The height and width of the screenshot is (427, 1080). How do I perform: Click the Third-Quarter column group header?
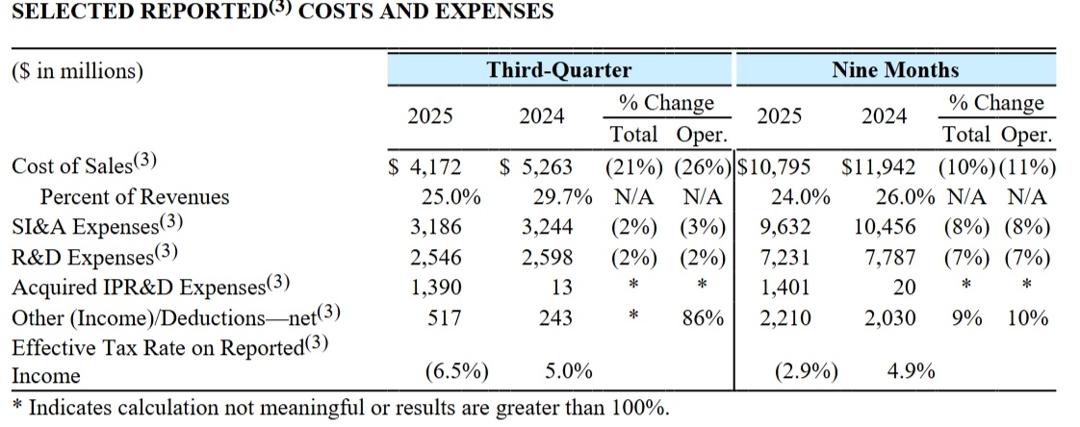point(558,69)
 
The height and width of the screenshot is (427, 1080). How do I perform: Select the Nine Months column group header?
point(895,69)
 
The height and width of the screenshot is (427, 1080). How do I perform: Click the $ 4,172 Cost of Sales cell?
point(425,167)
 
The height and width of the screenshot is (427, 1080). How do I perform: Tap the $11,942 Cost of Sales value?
point(879,167)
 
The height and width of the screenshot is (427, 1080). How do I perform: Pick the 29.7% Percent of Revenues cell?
point(563,197)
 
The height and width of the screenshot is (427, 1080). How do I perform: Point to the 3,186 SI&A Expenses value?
point(436,227)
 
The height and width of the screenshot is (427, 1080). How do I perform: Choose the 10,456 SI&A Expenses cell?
point(885,227)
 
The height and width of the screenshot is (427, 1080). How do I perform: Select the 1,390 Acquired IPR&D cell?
point(436,288)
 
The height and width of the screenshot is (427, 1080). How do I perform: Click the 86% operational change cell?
point(702,316)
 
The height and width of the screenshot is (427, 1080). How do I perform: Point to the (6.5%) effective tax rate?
point(457,372)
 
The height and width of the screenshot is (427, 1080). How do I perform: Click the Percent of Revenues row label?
point(135,197)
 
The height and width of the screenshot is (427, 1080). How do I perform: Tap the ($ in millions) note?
point(77,71)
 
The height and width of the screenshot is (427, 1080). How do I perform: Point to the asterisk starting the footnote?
point(18,405)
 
